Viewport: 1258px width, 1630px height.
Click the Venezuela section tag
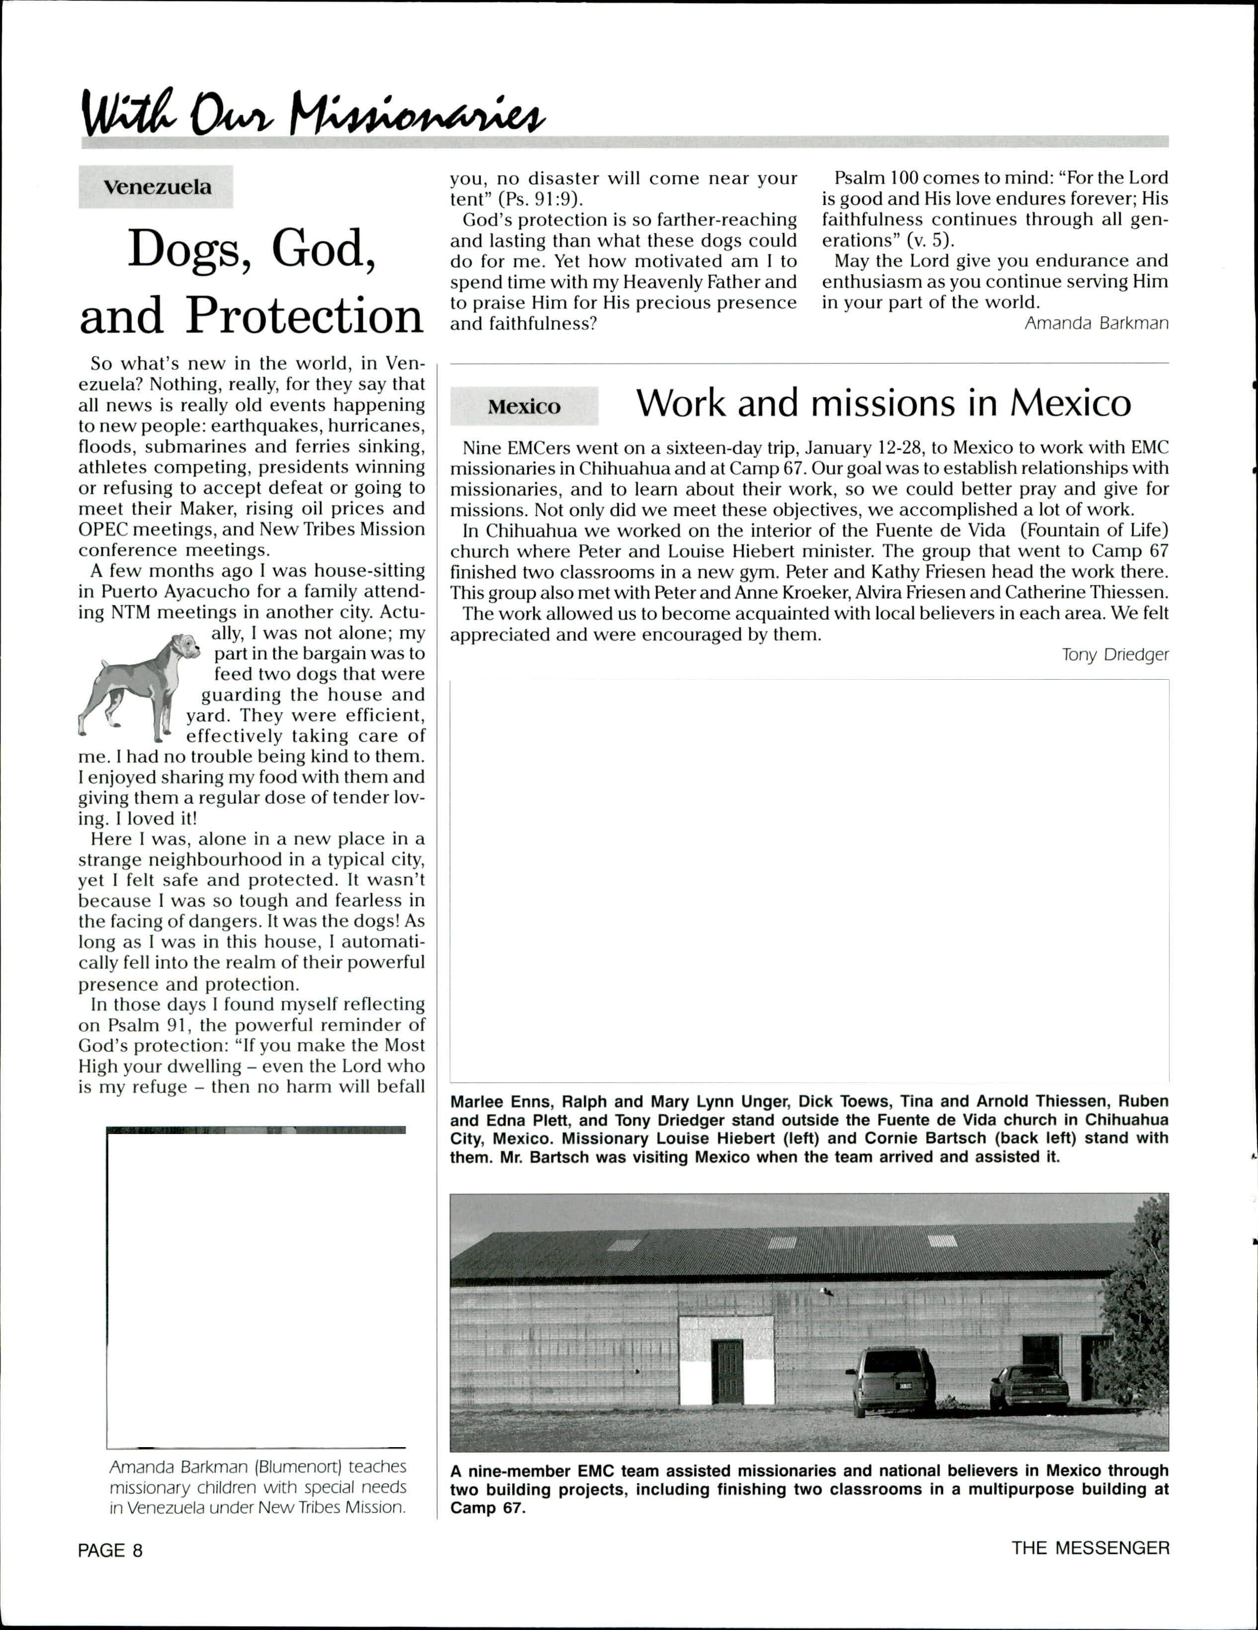157,187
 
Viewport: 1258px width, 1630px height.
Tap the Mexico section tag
524,407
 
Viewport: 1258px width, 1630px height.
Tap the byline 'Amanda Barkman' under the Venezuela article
1096,323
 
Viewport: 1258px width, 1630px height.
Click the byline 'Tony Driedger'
1115,655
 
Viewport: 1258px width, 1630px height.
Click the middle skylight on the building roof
782,1242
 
